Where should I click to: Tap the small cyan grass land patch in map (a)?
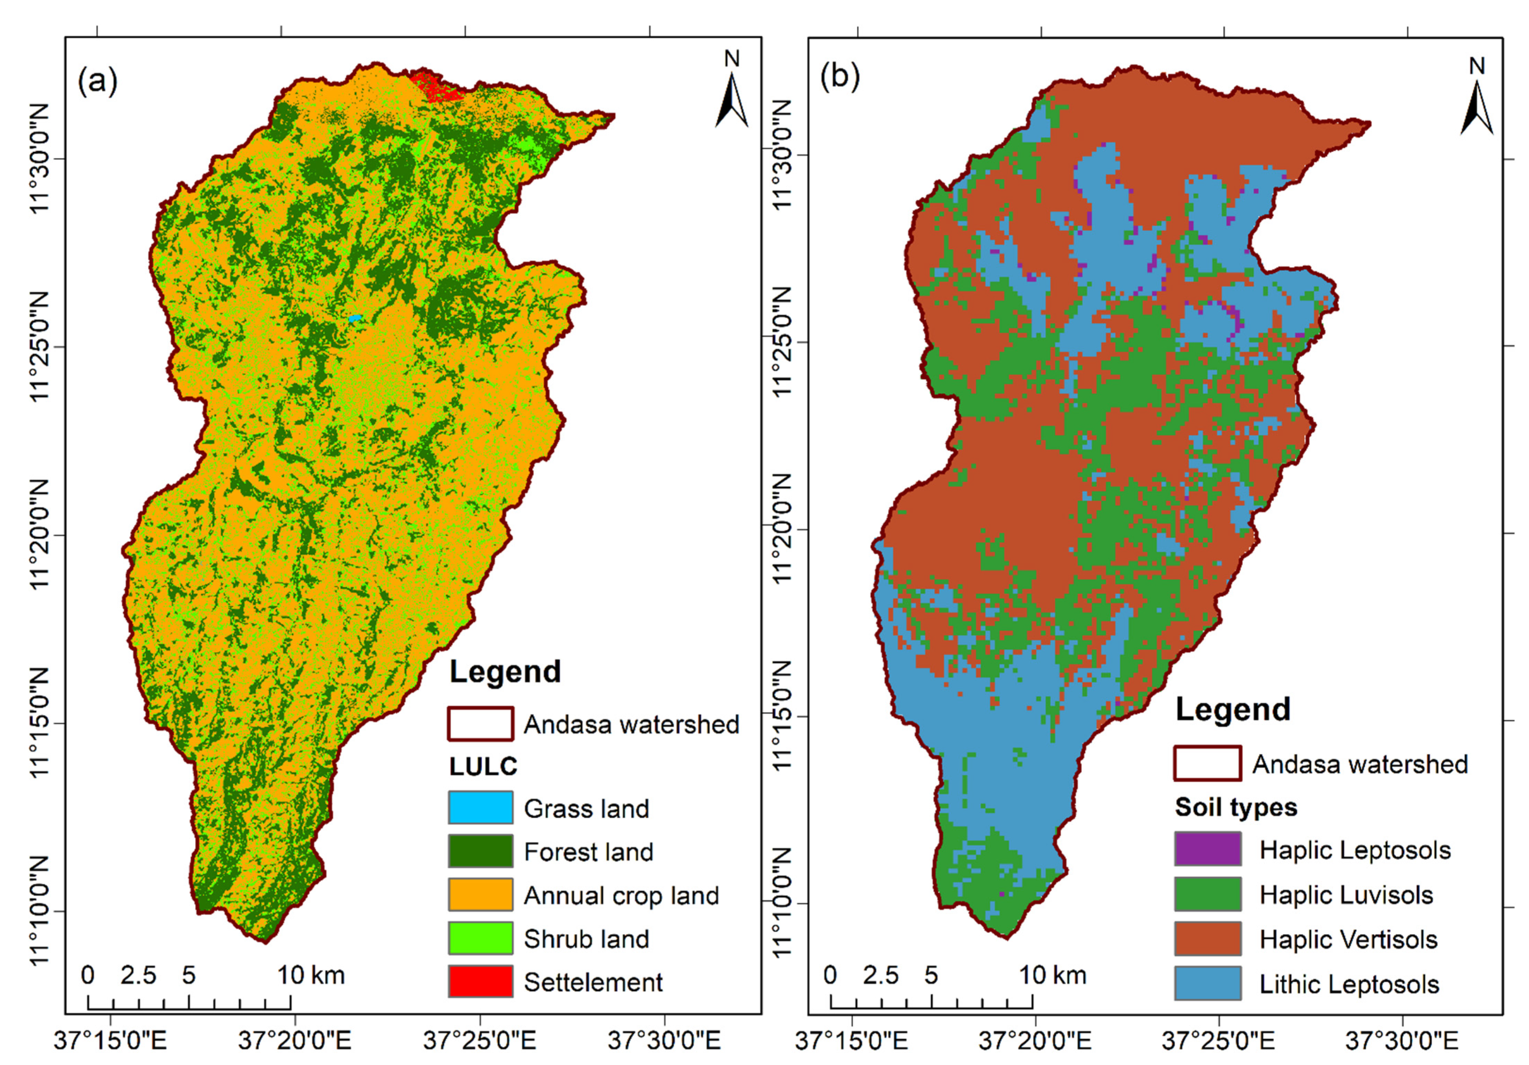coord(356,319)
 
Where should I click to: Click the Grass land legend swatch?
coord(480,807)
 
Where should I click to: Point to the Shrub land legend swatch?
coord(480,938)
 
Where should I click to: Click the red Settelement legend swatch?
coord(480,981)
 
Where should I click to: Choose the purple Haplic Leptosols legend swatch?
coord(1207,849)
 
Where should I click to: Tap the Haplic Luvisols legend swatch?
coord(1207,894)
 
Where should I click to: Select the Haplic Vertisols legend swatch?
coord(1207,939)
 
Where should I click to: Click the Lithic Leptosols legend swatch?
coord(1207,983)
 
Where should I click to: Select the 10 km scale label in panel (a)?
coord(311,975)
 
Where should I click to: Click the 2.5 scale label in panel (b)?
coord(880,975)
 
